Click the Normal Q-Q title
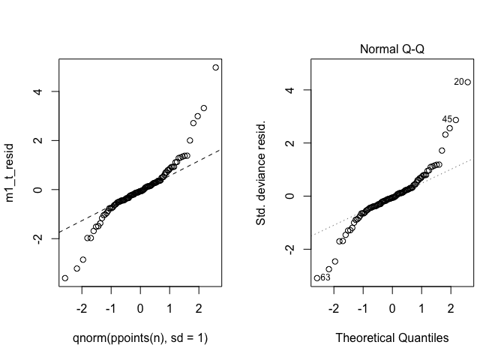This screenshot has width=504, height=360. (391, 50)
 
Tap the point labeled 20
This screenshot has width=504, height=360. (467, 82)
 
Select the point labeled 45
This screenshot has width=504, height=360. (455, 120)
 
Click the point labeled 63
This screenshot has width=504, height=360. (316, 277)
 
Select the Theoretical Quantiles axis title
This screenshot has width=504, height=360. (391, 338)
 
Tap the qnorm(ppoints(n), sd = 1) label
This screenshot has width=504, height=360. (140, 338)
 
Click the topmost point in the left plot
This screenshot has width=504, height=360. (215, 67)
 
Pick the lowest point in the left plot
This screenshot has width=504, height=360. (64, 277)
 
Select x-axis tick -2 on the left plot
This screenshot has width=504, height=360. (82, 309)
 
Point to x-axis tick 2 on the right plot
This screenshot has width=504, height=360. (451, 309)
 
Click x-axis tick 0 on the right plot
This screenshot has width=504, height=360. (392, 309)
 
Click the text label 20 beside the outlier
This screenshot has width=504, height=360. (457, 82)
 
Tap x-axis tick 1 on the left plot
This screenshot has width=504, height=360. (169, 309)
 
